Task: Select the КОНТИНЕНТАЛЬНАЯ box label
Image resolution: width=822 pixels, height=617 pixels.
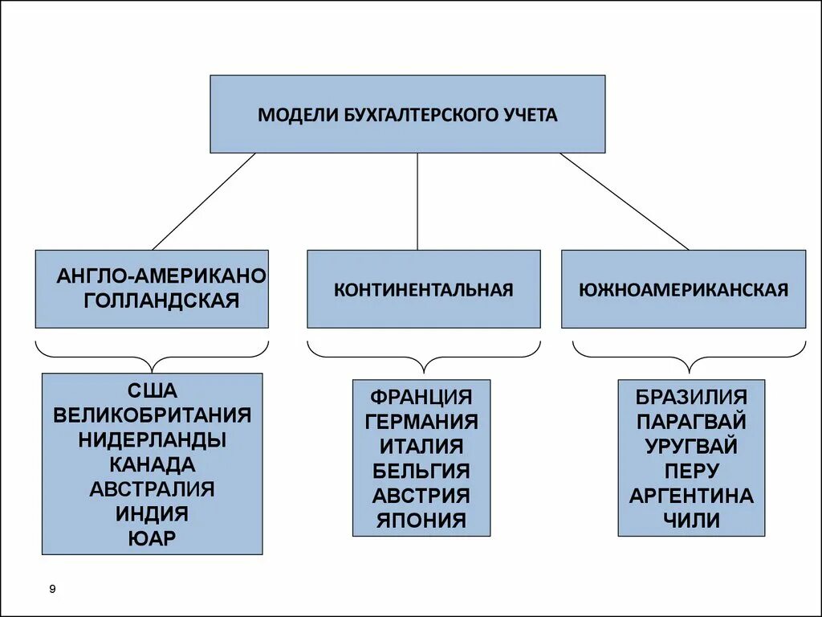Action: (423, 289)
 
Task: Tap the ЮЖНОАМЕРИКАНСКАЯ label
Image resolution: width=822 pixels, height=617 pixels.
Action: (683, 289)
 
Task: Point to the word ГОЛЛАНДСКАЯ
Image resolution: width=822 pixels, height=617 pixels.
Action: (162, 300)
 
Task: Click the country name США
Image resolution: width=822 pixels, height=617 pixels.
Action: (152, 391)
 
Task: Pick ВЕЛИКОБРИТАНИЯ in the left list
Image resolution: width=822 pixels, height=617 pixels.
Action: (152, 415)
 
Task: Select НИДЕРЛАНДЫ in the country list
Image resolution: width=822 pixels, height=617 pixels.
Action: (152, 439)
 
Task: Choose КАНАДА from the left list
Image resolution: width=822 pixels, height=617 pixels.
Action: (152, 464)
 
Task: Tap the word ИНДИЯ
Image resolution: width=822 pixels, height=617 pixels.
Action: (152, 513)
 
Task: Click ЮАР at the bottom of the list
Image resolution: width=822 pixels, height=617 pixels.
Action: (152, 537)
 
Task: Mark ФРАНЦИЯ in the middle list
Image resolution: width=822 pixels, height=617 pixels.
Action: (421, 397)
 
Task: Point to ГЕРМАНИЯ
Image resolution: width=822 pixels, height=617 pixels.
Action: (421, 422)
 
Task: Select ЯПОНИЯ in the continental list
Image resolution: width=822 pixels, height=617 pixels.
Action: (421, 520)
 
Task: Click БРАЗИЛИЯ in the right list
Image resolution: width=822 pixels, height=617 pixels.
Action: (691, 397)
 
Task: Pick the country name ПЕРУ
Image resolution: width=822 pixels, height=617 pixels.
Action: (691, 471)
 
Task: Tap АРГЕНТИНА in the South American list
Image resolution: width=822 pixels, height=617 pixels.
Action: (691, 496)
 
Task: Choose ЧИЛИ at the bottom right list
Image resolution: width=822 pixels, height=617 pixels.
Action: (691, 520)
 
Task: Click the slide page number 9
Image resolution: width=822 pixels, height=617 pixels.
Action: (52, 590)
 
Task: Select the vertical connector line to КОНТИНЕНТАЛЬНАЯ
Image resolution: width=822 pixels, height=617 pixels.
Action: (417, 201)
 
